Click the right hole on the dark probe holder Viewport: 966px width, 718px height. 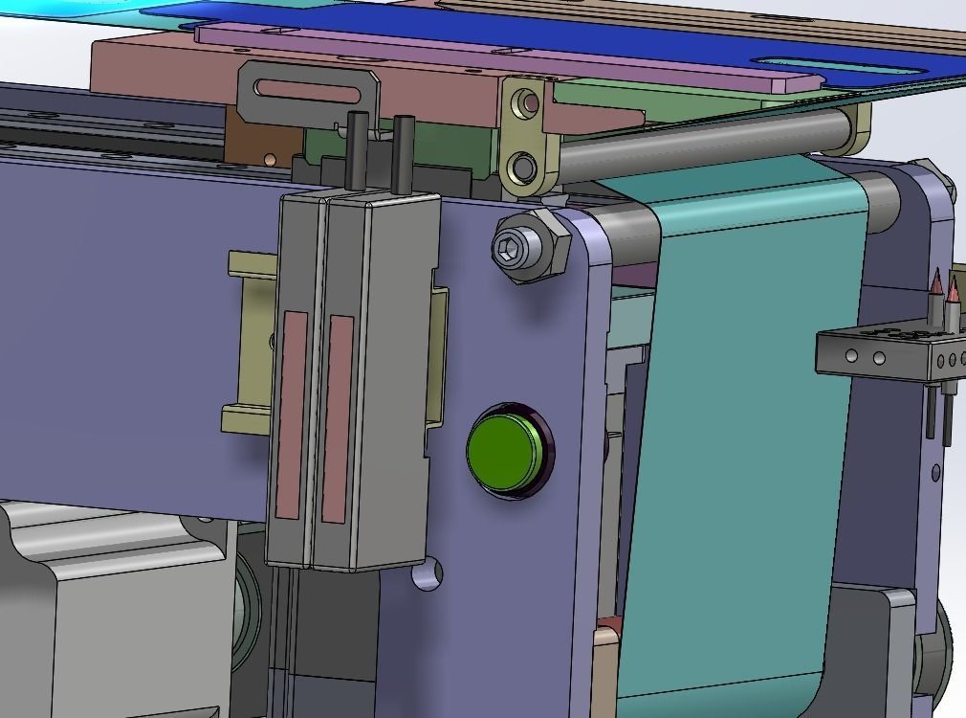click(879, 359)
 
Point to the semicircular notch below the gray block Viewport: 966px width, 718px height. click(428, 573)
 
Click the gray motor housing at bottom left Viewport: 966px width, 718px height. click(105, 613)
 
